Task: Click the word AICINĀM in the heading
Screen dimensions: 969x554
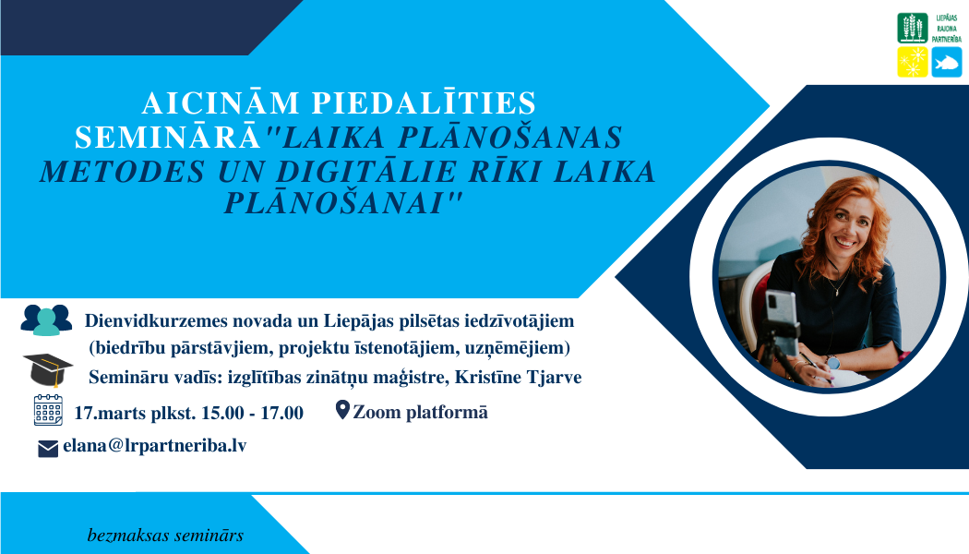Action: point(221,102)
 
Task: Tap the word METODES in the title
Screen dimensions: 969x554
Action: point(123,172)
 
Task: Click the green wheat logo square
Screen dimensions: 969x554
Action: point(913,29)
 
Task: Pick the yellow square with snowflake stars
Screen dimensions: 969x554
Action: point(913,62)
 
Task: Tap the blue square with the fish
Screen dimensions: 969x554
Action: point(947,62)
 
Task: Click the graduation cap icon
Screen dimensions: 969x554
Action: point(48,369)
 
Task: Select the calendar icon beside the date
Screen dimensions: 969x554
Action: point(48,410)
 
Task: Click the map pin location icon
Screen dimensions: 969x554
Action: point(342,409)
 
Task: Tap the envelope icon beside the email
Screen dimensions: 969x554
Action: point(48,448)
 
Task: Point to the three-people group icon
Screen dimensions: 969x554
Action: point(46,319)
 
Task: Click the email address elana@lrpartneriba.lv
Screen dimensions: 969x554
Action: point(154,446)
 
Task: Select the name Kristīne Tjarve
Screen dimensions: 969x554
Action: point(518,377)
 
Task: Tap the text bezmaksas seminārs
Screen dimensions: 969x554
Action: point(165,536)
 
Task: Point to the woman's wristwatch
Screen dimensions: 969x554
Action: point(833,362)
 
